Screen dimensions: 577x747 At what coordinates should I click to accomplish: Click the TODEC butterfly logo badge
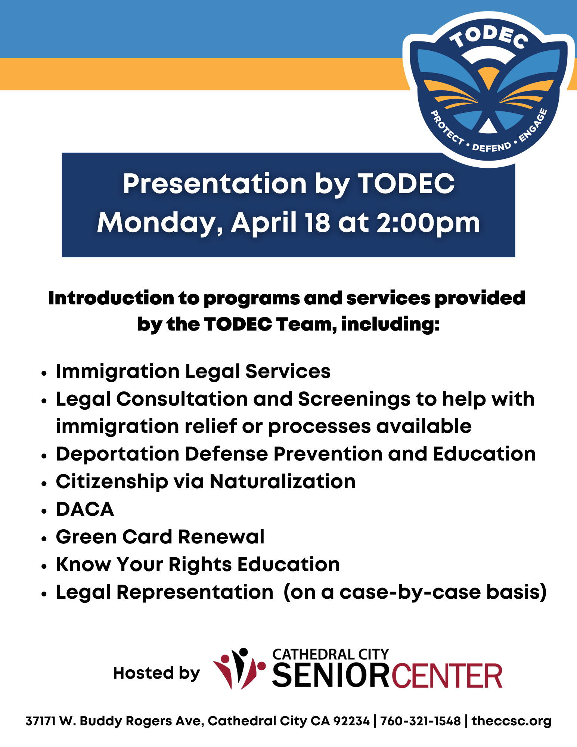[488, 90]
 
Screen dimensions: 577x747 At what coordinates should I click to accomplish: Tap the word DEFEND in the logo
[491, 147]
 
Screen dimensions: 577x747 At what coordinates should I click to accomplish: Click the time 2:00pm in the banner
[428, 223]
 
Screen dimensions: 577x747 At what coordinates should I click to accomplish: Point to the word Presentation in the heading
[215, 184]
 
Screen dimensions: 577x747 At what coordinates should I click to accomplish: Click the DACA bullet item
[85, 509]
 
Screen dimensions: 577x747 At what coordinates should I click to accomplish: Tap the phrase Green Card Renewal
[160, 537]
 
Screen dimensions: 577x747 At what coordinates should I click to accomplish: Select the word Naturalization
[282, 481]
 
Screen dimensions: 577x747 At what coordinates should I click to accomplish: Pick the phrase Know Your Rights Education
[198, 564]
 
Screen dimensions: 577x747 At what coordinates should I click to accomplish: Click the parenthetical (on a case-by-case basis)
[415, 592]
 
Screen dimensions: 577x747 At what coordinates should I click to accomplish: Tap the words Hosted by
[156, 673]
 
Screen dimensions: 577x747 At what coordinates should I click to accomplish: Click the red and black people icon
[239, 669]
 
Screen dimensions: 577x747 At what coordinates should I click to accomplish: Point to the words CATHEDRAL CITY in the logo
[331, 654]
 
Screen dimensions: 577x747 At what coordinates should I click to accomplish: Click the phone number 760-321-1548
[421, 721]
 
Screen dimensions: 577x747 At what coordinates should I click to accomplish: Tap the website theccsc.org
[511, 721]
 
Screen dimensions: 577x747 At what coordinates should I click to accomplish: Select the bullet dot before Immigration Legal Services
[44, 373]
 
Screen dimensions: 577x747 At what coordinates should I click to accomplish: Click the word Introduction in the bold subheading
[111, 298]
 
